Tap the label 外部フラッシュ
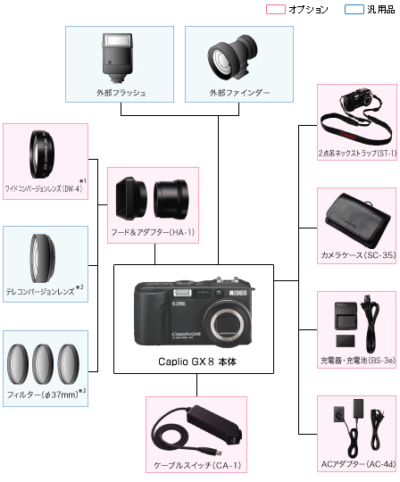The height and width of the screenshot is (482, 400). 121,92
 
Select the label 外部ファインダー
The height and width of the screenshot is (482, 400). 238,92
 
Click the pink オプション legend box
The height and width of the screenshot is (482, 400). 276,9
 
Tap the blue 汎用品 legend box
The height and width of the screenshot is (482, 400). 354,9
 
